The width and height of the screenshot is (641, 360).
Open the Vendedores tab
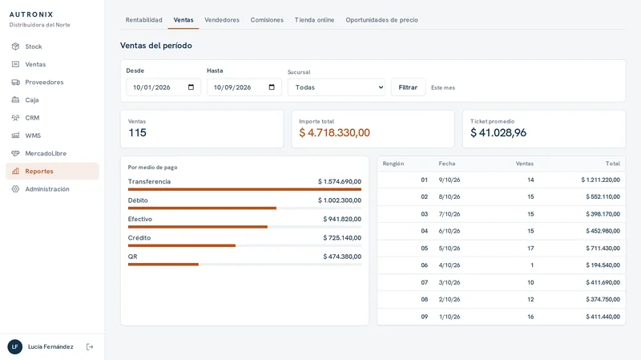(222, 19)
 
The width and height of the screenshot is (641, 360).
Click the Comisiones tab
(267, 19)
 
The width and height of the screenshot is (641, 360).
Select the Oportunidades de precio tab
(382, 19)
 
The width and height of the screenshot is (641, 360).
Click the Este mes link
(443, 87)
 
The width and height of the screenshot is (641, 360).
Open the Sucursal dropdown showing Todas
(337, 87)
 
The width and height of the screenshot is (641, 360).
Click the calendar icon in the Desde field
(191, 87)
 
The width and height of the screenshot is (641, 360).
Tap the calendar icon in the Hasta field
(272, 87)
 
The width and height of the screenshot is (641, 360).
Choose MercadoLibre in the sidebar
(46, 153)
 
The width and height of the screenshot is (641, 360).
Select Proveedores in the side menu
(44, 83)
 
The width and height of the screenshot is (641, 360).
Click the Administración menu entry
(47, 189)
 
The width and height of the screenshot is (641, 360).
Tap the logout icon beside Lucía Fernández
(90, 347)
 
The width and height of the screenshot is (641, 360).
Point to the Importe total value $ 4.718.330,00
(334, 132)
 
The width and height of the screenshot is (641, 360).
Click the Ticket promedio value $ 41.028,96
(498, 132)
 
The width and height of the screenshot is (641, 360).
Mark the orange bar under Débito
(202, 208)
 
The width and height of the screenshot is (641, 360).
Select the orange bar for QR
(163, 265)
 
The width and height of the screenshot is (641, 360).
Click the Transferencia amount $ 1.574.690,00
(340, 182)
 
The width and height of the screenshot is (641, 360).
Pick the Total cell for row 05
(603, 249)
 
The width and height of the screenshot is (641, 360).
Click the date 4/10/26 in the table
(450, 265)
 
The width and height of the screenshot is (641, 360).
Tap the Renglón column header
(393, 164)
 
